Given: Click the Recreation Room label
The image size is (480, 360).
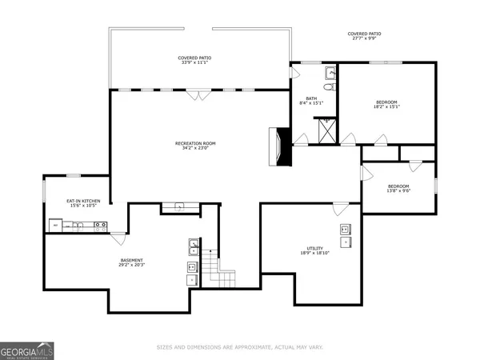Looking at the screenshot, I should coord(195,144).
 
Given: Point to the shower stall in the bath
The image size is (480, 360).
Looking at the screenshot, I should coord(326,128).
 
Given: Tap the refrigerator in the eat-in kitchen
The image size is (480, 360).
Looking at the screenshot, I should coord(55,226).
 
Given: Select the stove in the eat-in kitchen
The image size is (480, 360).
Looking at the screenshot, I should coord(101,226).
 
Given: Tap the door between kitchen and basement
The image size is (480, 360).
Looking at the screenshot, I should coord(118,238).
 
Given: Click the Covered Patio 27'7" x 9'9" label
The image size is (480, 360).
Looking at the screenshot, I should coord(364,36).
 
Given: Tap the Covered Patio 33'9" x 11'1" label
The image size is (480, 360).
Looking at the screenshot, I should coord(194,61).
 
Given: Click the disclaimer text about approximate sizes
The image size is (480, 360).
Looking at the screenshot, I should coord(240,346).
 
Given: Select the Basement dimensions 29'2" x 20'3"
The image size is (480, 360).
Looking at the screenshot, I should coord(132,263).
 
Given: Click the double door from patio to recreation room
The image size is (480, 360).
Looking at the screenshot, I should coord(194,94).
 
